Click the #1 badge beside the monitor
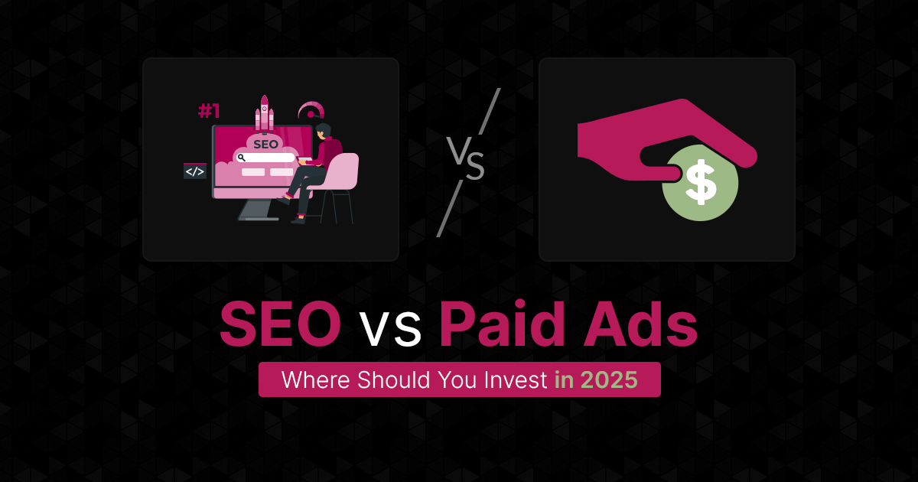pos(209,112)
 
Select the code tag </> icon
pos(194,171)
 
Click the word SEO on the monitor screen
pos(265,143)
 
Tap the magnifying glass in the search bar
pos(241,158)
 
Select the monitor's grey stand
pos(259,207)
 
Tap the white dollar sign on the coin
pos(700,182)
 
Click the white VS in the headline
pos(390,331)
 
